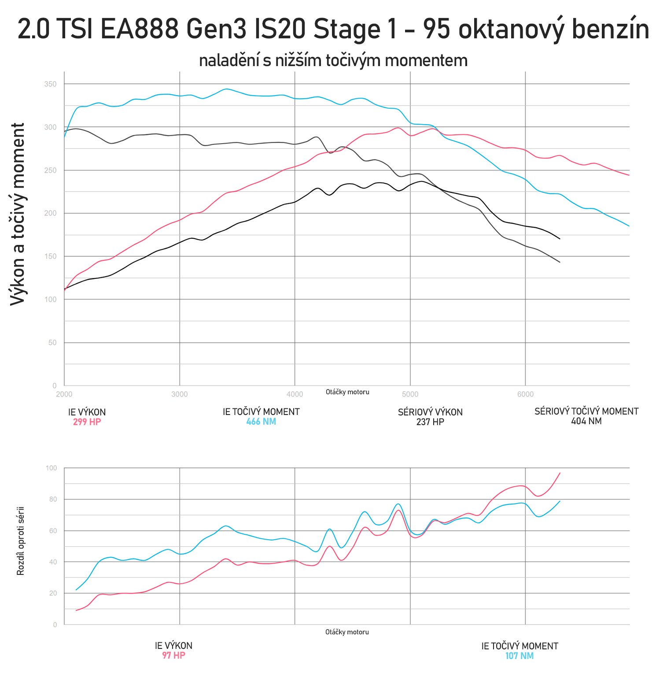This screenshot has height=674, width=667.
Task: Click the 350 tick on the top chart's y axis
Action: (x=50, y=84)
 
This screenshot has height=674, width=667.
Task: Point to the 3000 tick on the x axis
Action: (x=179, y=394)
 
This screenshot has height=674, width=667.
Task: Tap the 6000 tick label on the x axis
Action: (x=525, y=394)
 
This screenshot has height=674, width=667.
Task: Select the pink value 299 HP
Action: (x=87, y=422)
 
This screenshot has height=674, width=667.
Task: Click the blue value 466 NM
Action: (x=261, y=422)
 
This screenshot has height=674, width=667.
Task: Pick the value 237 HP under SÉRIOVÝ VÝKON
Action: (x=430, y=422)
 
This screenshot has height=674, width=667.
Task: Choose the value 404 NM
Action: (x=586, y=421)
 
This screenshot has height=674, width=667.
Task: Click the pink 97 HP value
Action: (x=173, y=655)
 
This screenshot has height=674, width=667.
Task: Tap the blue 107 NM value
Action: (x=520, y=656)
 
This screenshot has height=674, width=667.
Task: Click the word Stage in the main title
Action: (x=346, y=30)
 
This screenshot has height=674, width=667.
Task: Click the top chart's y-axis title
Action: (x=18, y=214)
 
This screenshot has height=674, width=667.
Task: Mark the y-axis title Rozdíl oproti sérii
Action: (x=20, y=541)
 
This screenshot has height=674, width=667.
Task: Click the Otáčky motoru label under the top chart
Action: (x=347, y=392)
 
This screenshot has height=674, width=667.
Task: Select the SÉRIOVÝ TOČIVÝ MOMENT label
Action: (x=586, y=411)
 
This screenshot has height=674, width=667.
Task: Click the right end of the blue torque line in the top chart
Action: (x=629, y=226)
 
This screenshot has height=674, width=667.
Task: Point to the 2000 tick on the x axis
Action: (x=64, y=394)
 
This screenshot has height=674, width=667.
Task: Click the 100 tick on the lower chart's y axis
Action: (x=51, y=468)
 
